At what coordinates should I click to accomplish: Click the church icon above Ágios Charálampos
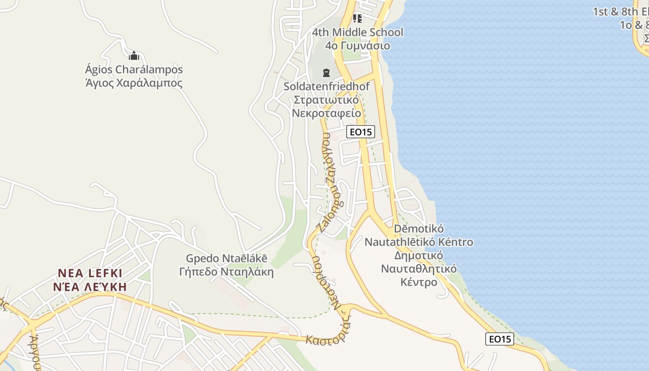click(134, 56)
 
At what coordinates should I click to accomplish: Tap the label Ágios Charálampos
click(134, 70)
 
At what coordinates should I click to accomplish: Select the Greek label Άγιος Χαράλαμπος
click(134, 83)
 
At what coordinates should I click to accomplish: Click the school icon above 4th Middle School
click(357, 19)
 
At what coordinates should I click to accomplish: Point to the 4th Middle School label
click(357, 32)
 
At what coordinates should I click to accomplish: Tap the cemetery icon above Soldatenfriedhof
click(326, 73)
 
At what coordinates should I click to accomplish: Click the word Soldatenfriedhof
click(327, 86)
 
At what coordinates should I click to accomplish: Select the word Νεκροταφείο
click(326, 113)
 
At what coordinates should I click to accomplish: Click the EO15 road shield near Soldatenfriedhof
click(361, 132)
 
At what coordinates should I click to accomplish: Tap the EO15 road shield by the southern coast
click(500, 339)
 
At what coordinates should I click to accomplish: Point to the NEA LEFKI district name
click(90, 273)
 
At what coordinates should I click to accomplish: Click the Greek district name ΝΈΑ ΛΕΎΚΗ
click(90, 286)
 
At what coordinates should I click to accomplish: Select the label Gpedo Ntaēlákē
click(227, 258)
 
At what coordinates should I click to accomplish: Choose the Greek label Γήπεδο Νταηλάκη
click(226, 272)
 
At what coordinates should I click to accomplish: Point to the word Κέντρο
click(419, 282)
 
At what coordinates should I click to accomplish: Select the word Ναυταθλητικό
click(419, 269)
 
